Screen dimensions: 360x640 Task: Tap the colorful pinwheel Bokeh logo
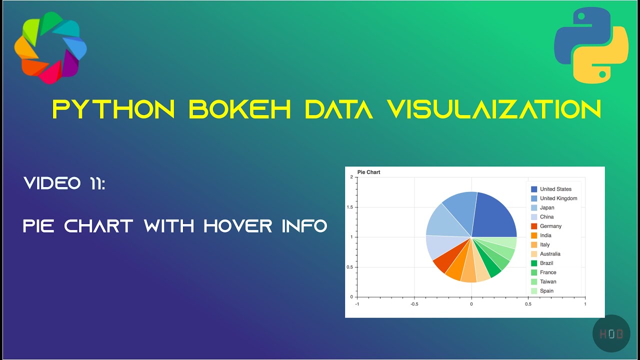pyautogui.click(x=50, y=47)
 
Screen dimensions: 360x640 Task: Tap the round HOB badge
pyautogui.click(x=610, y=333)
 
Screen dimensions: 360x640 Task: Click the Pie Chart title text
pyautogui.click(x=368, y=172)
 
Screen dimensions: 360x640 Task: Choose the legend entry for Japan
pyautogui.click(x=546, y=207)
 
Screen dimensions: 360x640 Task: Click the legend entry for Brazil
pyautogui.click(x=546, y=263)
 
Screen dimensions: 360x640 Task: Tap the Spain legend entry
pyautogui.click(x=546, y=291)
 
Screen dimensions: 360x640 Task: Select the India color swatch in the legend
pyautogui.click(x=534, y=235)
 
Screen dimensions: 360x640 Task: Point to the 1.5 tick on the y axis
pyautogui.click(x=349, y=207)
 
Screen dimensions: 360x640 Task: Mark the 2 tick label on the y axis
pyautogui.click(x=351, y=177)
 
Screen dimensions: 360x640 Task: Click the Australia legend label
pyautogui.click(x=550, y=254)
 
